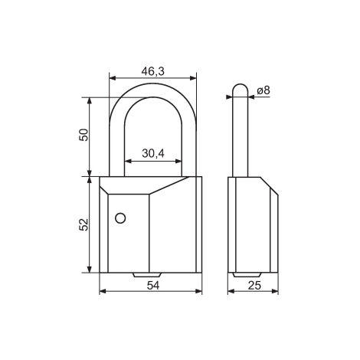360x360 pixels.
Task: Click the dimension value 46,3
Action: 152,71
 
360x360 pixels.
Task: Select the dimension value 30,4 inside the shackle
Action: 153,152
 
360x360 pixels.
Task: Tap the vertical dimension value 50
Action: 85,136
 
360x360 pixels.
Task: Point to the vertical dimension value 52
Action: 85,224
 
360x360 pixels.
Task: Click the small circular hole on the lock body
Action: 119,219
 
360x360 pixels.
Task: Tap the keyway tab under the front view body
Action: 147,274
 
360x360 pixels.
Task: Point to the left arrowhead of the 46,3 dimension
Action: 113,77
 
